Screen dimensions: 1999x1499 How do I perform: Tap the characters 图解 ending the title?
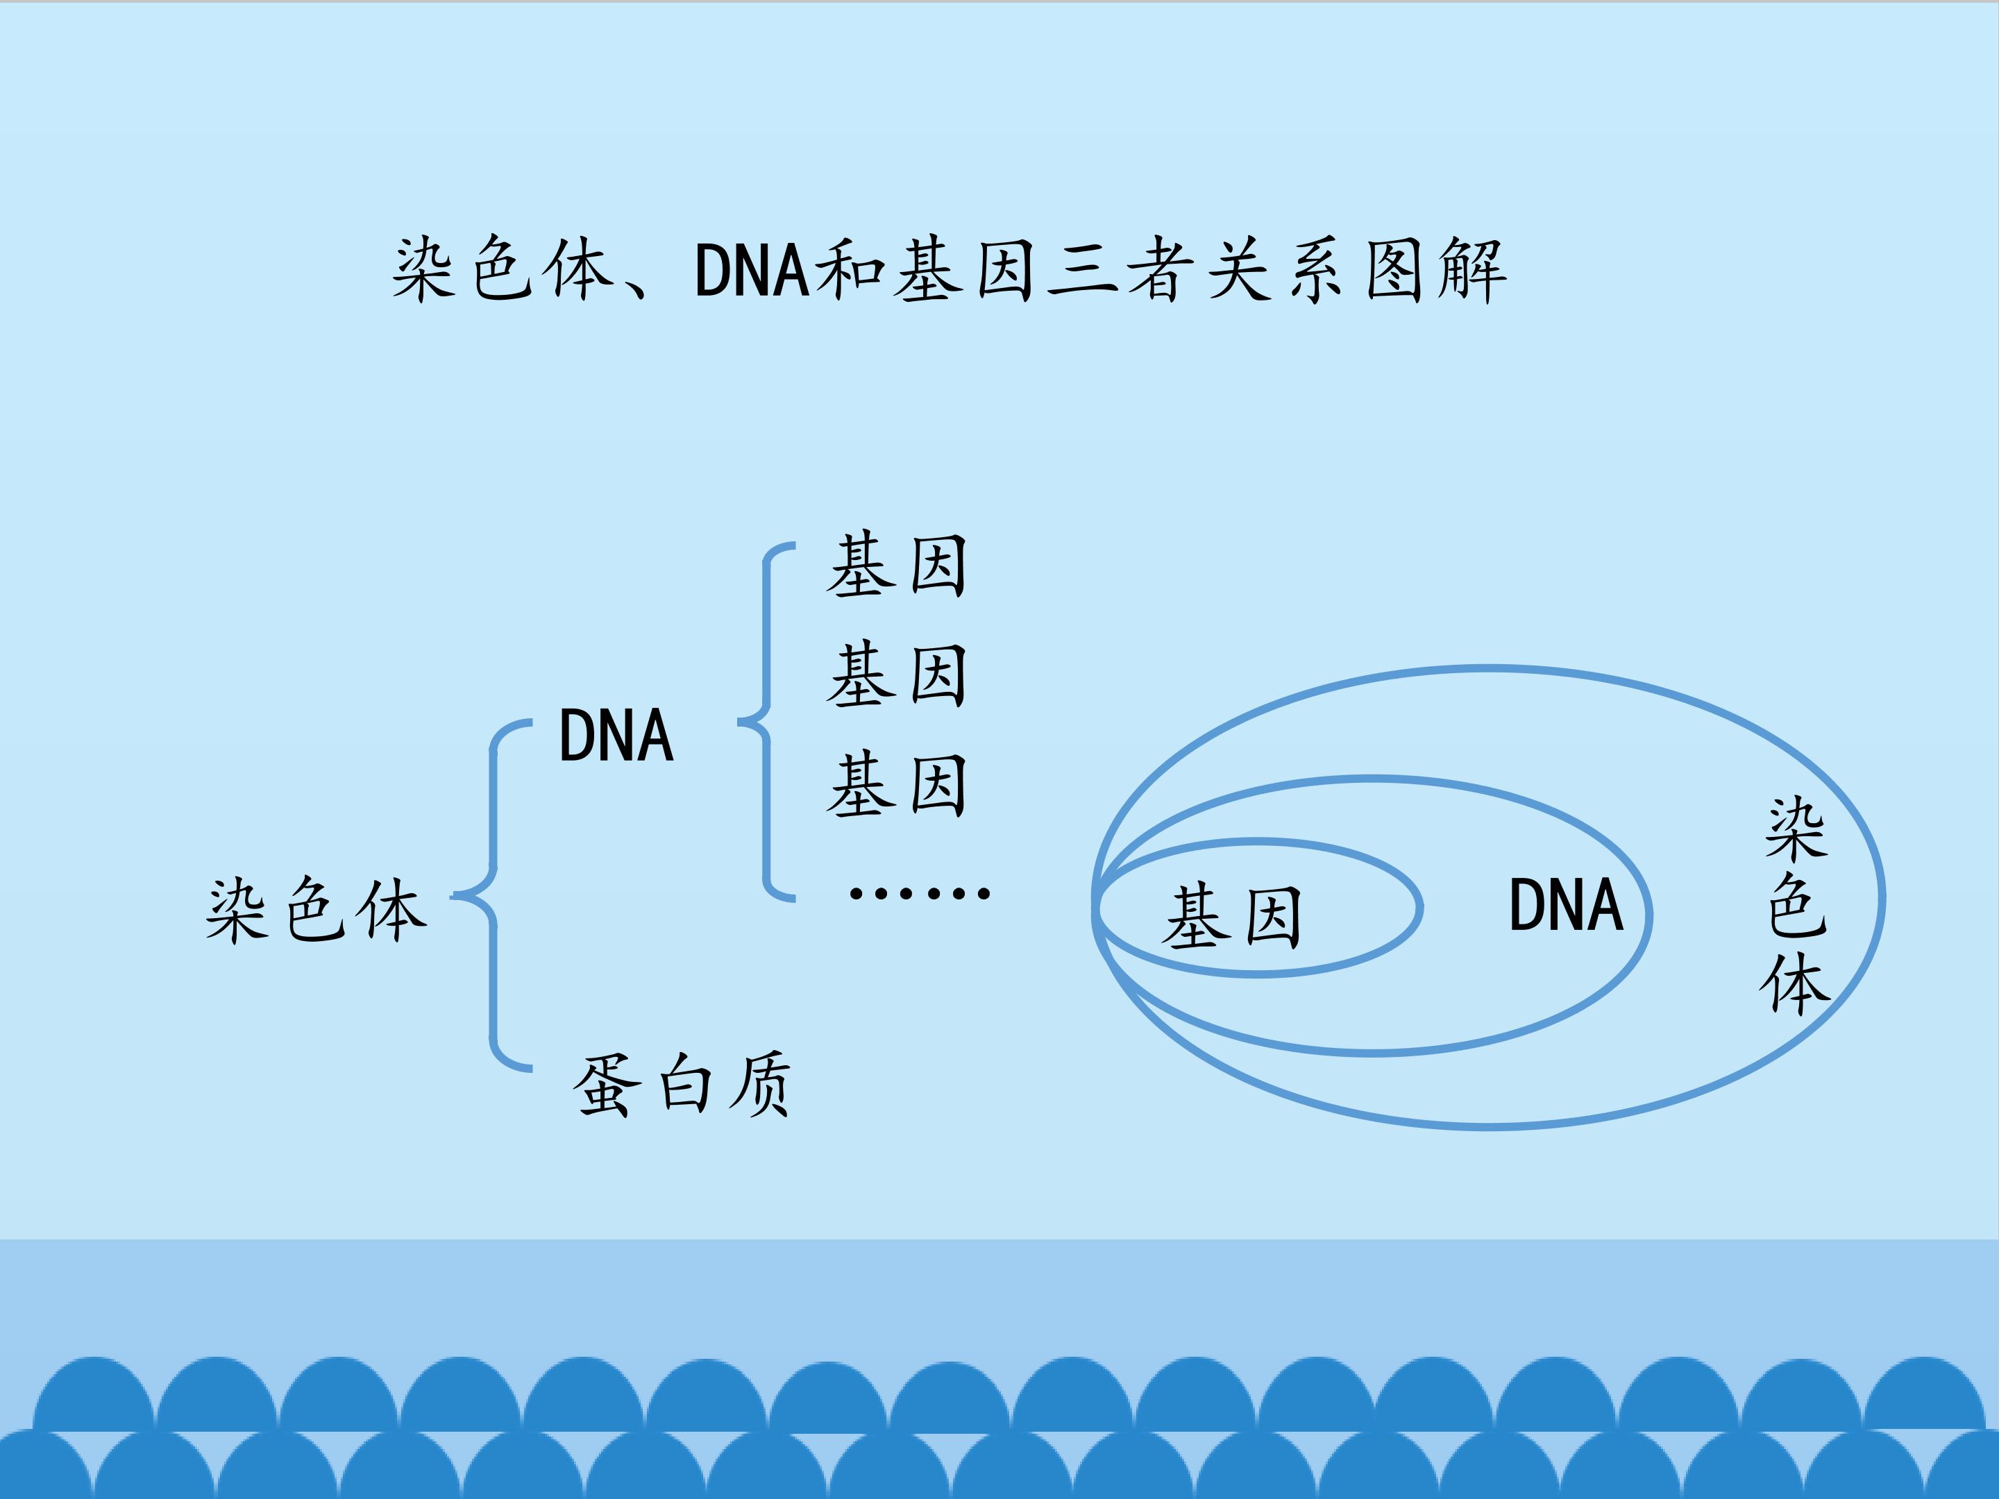[x=1435, y=269]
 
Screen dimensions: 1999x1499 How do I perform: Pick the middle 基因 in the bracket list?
[x=897, y=675]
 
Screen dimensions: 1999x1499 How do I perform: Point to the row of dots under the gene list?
[x=920, y=894]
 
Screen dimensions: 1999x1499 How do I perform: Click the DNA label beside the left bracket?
[x=616, y=736]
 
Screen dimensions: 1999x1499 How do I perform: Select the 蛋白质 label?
[x=682, y=1084]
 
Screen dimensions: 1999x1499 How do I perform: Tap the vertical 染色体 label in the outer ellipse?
[x=1796, y=906]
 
